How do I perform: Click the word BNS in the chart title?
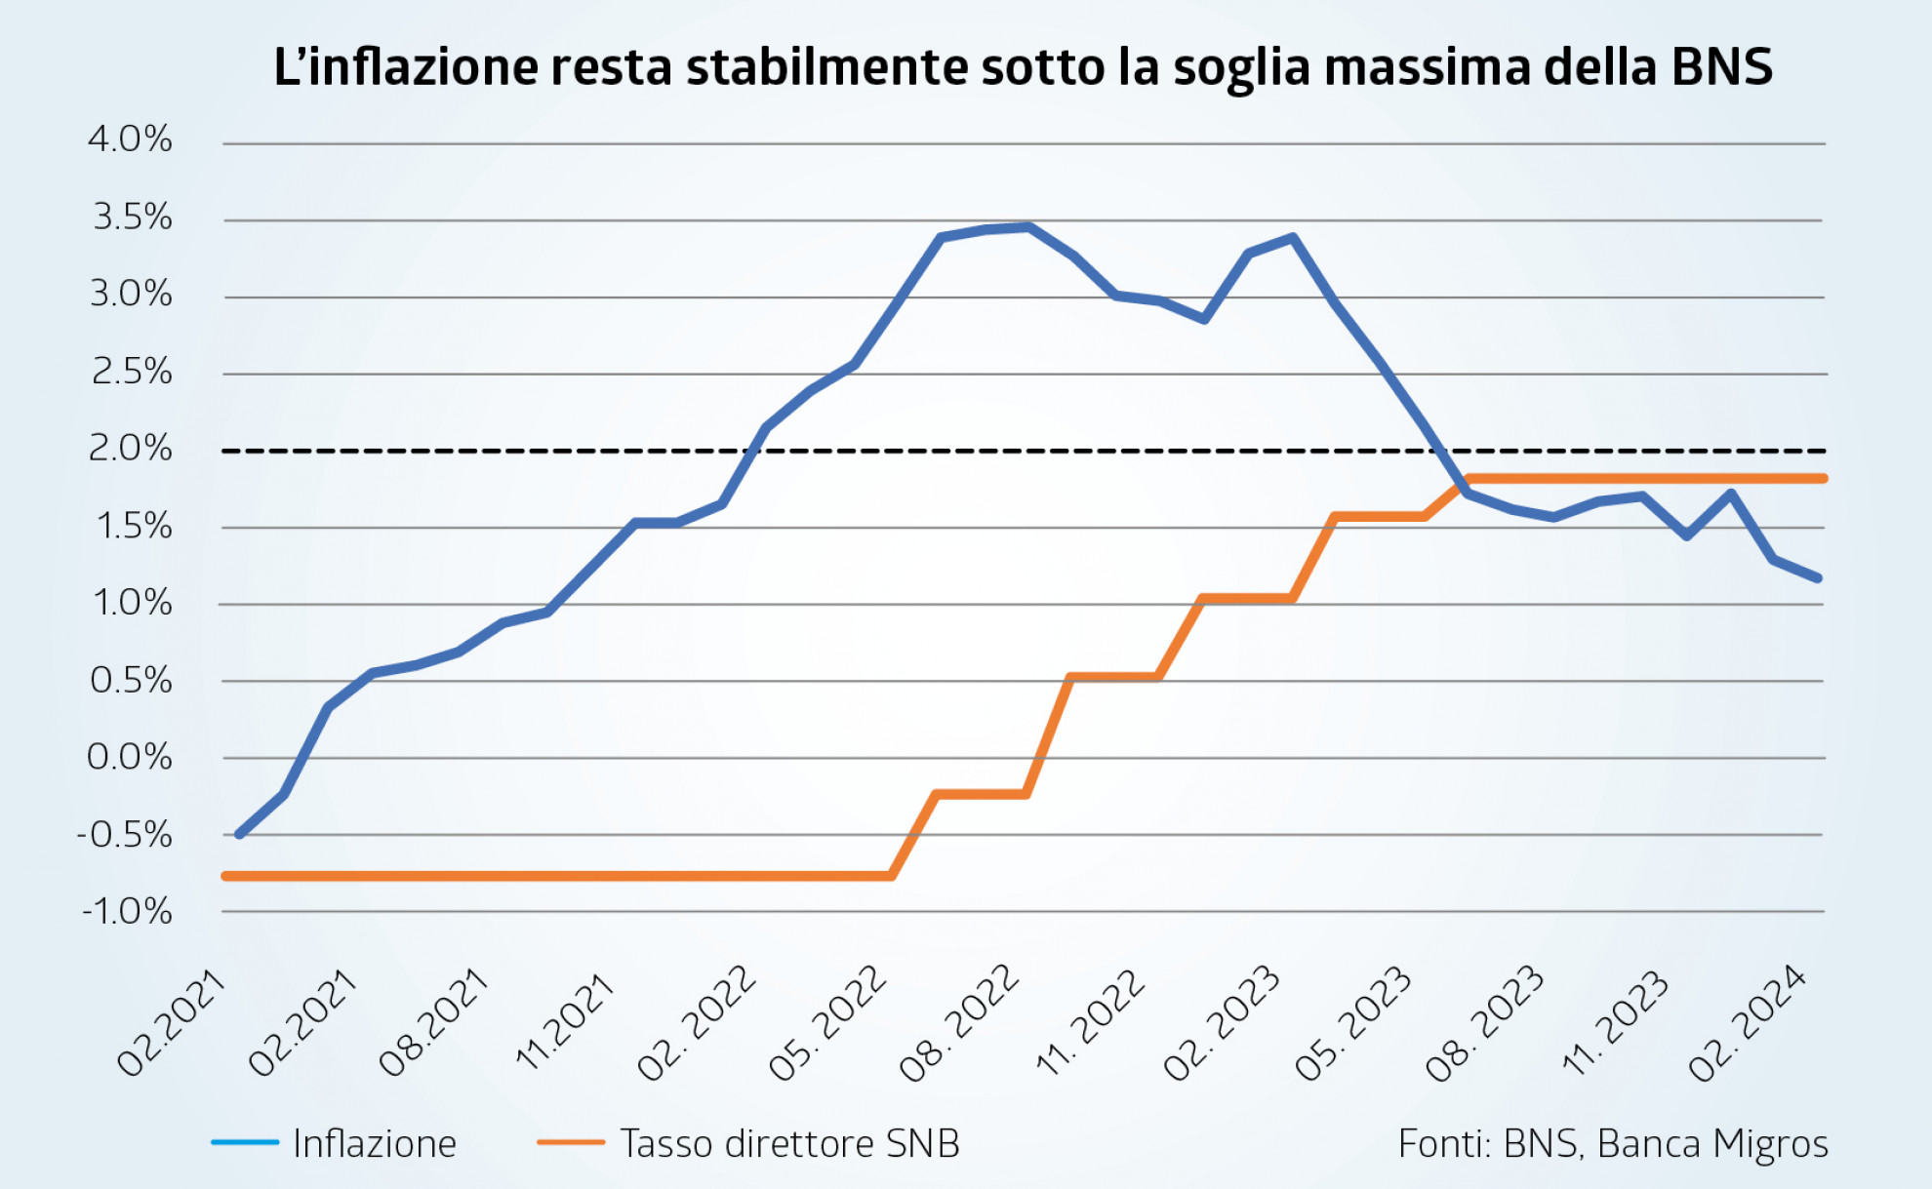tap(1721, 67)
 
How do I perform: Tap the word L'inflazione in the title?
tap(406, 67)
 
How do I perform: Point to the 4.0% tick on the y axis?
tap(130, 139)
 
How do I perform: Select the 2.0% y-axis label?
tap(130, 449)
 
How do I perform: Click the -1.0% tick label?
tap(127, 912)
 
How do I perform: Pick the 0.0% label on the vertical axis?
tap(130, 757)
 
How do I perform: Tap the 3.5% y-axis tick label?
tap(132, 218)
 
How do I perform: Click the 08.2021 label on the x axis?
tap(432, 1022)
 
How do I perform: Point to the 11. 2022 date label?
tap(1091, 1022)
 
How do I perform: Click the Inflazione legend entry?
tap(375, 1144)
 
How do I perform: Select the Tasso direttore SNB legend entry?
tap(789, 1144)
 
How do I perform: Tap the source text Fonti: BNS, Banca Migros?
tap(1613, 1144)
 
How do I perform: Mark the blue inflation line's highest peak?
tap(1027, 227)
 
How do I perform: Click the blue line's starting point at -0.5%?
tap(239, 835)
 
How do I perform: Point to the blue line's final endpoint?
tap(1817, 577)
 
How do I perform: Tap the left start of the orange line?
tap(225, 876)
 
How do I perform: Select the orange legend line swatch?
tap(571, 1142)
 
